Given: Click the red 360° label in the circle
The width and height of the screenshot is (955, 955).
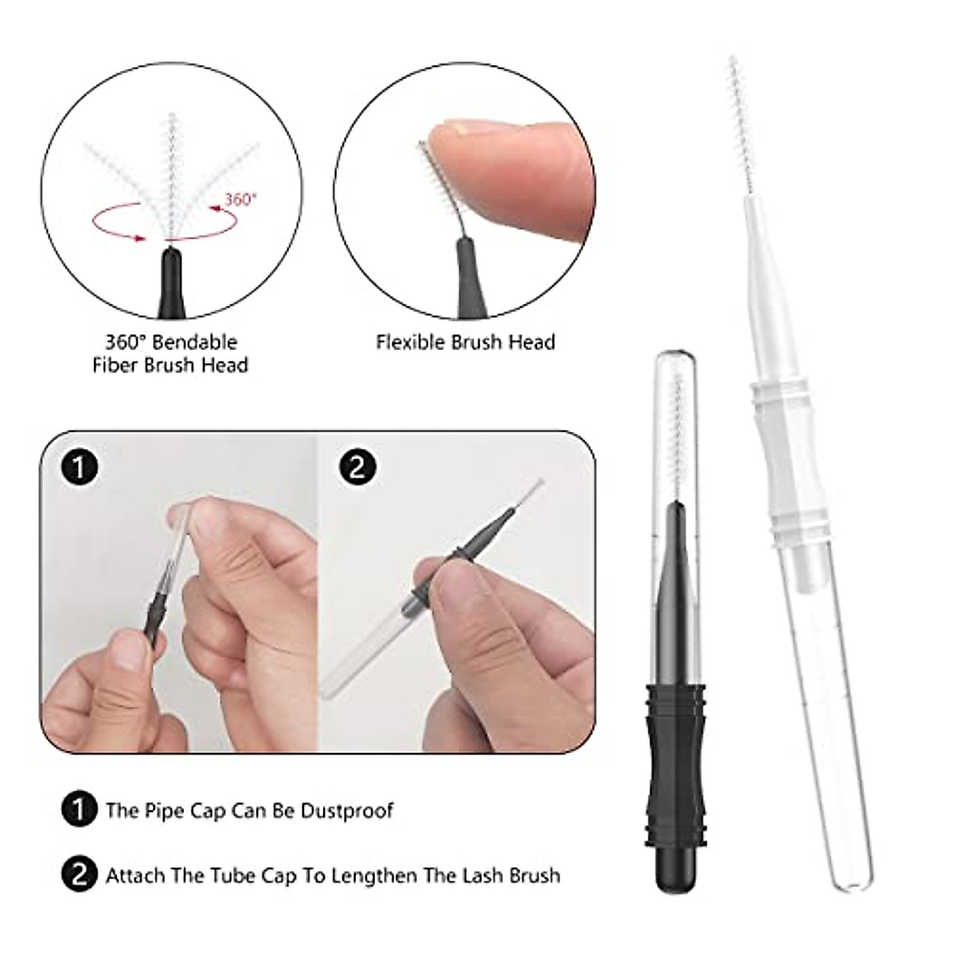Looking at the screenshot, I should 241,199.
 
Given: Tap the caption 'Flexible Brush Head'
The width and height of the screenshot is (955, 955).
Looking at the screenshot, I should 466,342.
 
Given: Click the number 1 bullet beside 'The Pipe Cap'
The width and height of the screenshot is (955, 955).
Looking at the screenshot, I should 78,811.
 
